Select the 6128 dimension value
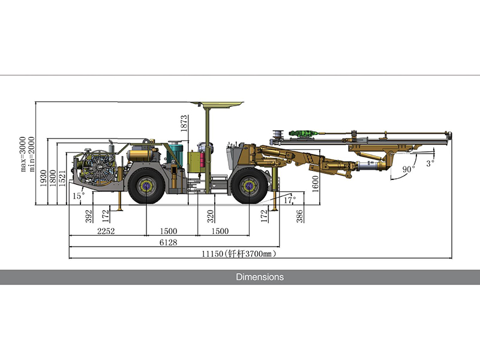pyautogui.click(x=169, y=242)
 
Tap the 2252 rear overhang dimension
pyautogui.click(x=106, y=231)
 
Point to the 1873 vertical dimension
pyautogui.click(x=184, y=124)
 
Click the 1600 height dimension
pyautogui.click(x=316, y=184)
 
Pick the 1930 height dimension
pyautogui.click(x=43, y=178)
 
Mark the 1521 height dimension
pyautogui.click(x=62, y=178)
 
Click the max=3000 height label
pyautogui.click(x=23, y=154)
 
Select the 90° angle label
pyautogui.click(x=409, y=169)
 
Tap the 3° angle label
pyautogui.click(x=430, y=163)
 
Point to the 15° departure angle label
pyautogui.click(x=79, y=196)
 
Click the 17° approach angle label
pyautogui.click(x=290, y=200)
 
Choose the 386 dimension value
pyautogui.click(x=299, y=216)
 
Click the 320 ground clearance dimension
pyautogui.click(x=211, y=216)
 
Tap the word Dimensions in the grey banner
pyautogui.click(x=260, y=277)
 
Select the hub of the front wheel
pyautogui.click(x=249, y=186)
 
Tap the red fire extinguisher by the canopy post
pyautogui.click(x=202, y=160)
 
